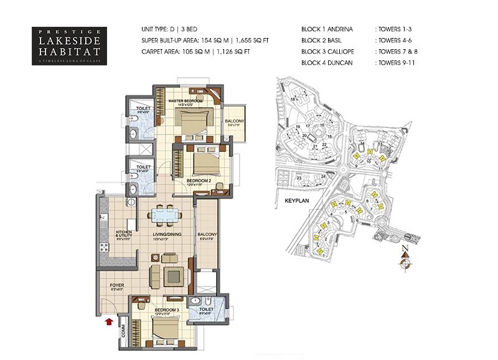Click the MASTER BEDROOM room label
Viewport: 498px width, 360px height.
[x=186, y=100]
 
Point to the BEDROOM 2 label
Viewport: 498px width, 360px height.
[x=199, y=181]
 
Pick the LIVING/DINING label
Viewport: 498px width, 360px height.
[x=166, y=235]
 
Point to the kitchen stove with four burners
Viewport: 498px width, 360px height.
[x=101, y=246]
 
